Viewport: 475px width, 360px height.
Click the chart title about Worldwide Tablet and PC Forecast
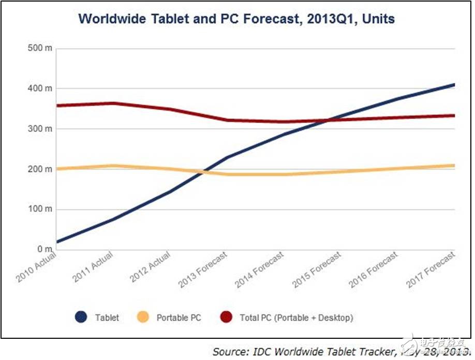pos(236,20)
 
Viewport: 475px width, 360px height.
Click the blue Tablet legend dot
pos(81,317)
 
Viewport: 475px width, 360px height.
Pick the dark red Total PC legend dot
pos(226,317)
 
